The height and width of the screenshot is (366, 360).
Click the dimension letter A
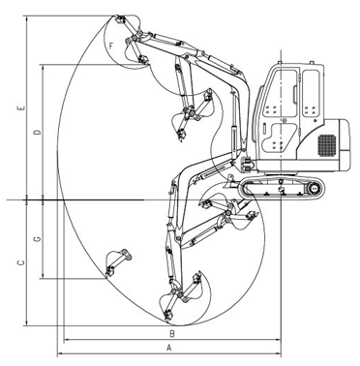point(168,348)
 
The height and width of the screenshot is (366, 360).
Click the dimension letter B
point(172,334)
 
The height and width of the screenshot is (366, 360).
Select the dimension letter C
point(21,263)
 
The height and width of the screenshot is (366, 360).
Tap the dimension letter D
point(38,132)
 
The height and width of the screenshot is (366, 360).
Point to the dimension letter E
point(21,108)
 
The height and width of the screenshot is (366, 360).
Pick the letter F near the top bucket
point(111,46)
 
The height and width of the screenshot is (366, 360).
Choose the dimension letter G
point(38,239)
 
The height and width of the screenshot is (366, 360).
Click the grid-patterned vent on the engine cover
point(327,145)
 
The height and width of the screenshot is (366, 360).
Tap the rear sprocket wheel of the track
point(314,188)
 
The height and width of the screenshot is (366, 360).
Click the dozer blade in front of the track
point(231,183)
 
